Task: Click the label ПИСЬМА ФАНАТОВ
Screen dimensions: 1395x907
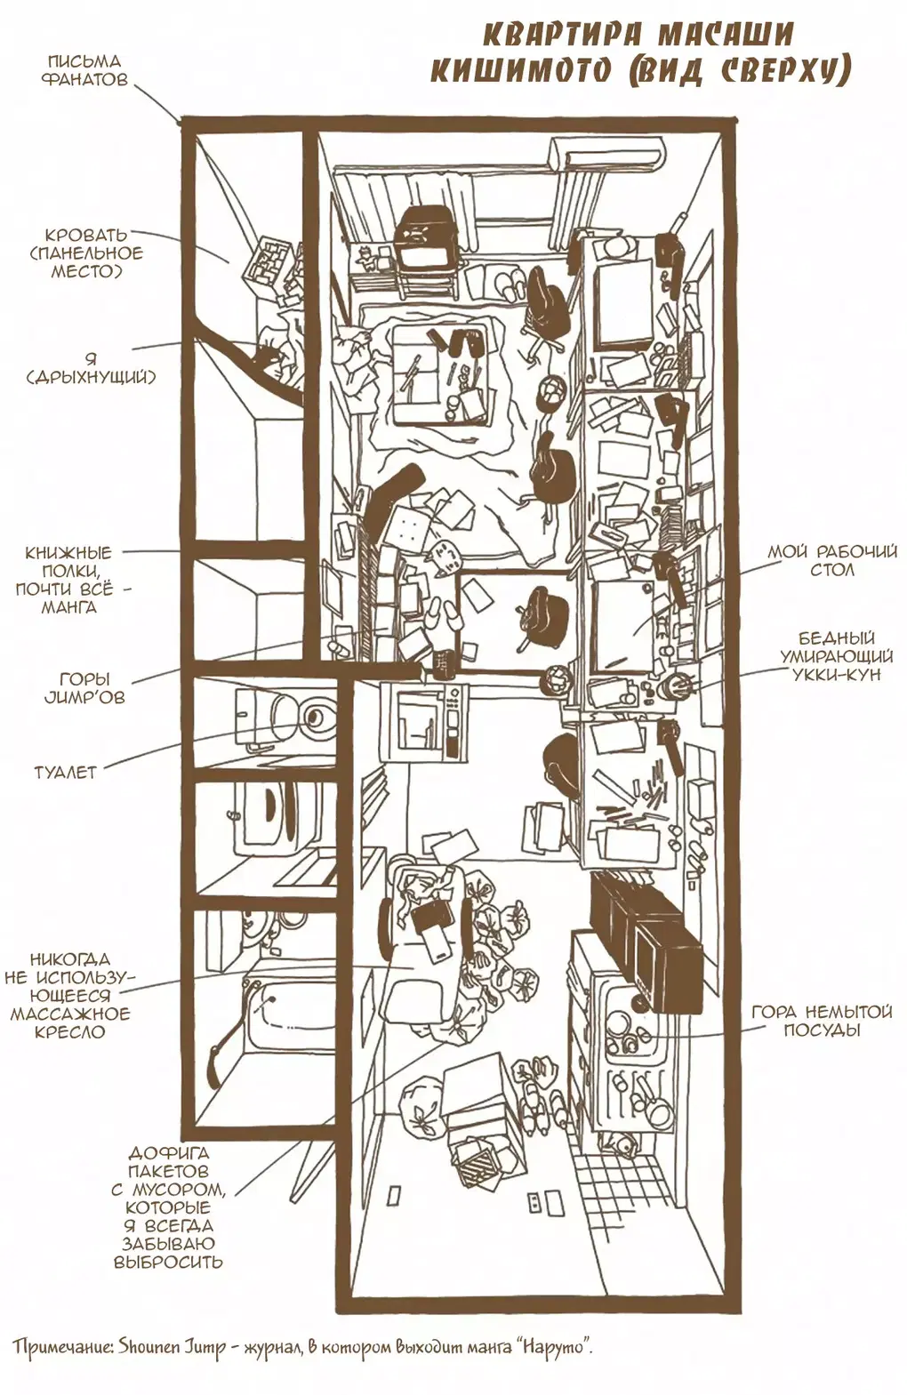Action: [x=84, y=70]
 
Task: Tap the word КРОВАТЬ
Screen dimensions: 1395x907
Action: [x=84, y=235]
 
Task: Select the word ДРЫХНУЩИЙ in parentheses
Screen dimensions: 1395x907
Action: [x=91, y=377]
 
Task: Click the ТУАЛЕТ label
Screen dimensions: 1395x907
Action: [x=64, y=772]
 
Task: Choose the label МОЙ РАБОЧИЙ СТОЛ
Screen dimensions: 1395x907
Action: [x=831, y=560]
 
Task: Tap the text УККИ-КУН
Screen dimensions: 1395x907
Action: [x=839, y=675]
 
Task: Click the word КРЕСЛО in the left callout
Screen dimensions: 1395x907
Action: [x=68, y=1032]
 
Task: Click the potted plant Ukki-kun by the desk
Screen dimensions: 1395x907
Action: [x=678, y=685]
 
